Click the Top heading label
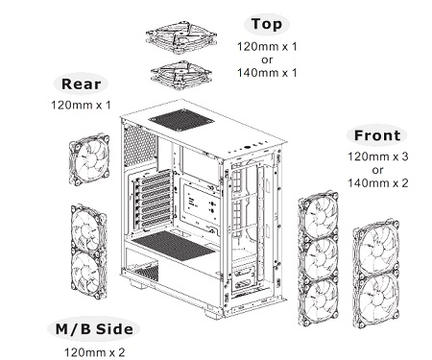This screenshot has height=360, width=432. click(x=267, y=24)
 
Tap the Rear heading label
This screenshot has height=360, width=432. click(x=81, y=84)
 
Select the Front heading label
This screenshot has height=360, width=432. click(x=377, y=135)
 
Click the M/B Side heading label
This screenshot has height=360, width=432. click(x=94, y=329)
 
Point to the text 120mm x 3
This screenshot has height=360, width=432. click(x=378, y=156)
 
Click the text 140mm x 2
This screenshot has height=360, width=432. click(x=378, y=183)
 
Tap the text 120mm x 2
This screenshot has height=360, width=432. click(x=95, y=352)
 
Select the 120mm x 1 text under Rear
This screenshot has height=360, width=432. click(x=81, y=105)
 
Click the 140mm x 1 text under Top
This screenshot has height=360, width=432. click(x=267, y=73)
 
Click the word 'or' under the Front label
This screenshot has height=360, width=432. click(x=377, y=170)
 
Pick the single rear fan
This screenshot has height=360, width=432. click(x=89, y=159)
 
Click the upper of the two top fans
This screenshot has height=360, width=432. click(x=181, y=37)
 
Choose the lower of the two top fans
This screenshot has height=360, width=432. click(x=181, y=75)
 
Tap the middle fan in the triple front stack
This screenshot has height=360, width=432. click(x=318, y=258)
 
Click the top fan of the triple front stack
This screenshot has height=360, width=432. click(x=318, y=215)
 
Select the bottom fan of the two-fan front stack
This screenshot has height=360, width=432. click(x=376, y=300)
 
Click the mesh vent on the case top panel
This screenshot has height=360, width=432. click(x=181, y=120)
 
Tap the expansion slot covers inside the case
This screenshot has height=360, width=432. click(x=153, y=201)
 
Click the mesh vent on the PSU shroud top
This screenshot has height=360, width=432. click(x=174, y=245)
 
